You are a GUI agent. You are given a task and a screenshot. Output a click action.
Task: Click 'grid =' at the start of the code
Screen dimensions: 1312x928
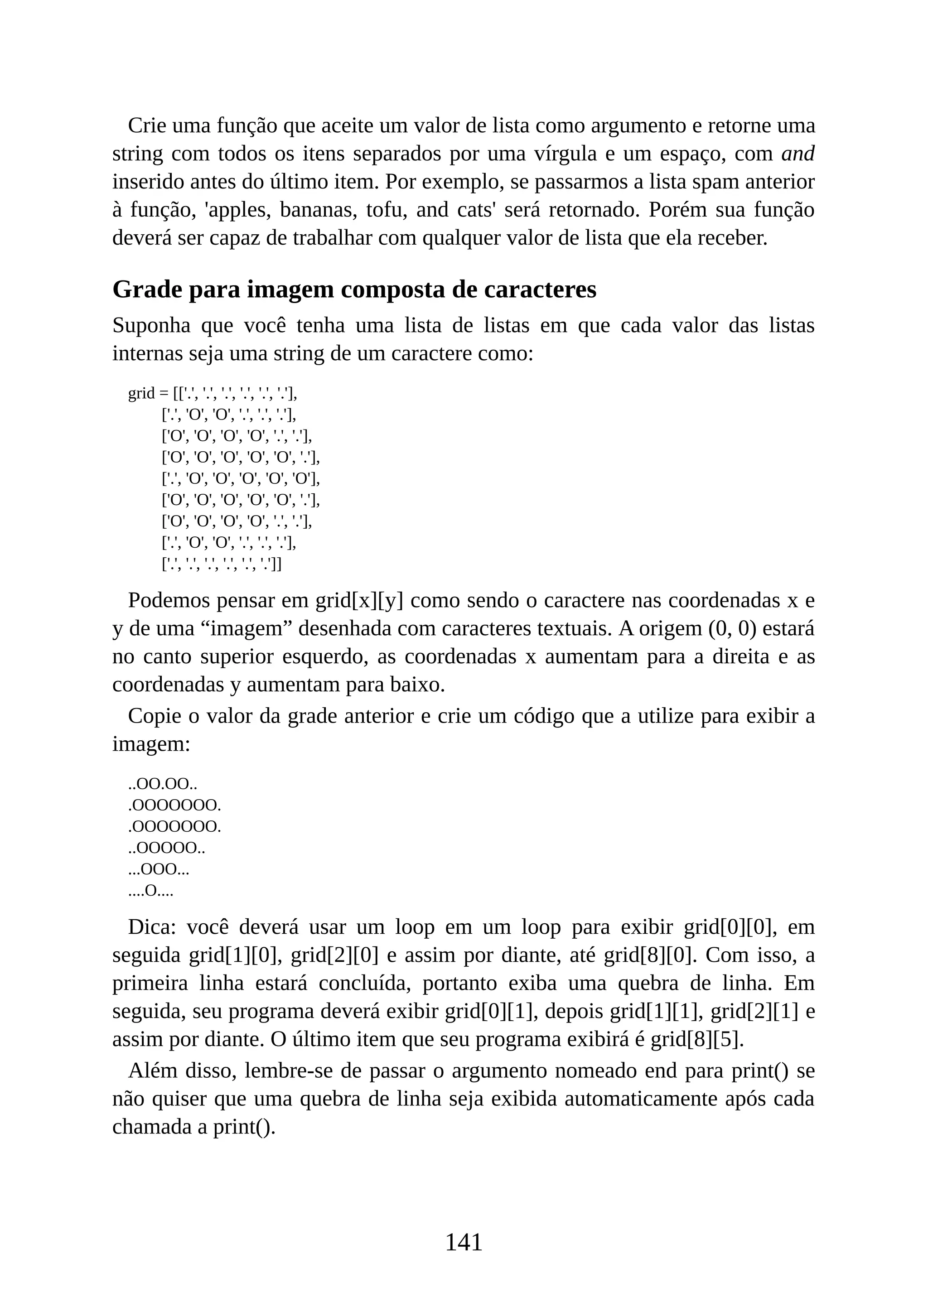[149, 393]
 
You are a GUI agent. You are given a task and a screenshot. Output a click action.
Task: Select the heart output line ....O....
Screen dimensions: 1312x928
[150, 890]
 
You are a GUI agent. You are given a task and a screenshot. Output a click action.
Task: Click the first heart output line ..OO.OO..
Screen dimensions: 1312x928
[162, 784]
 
